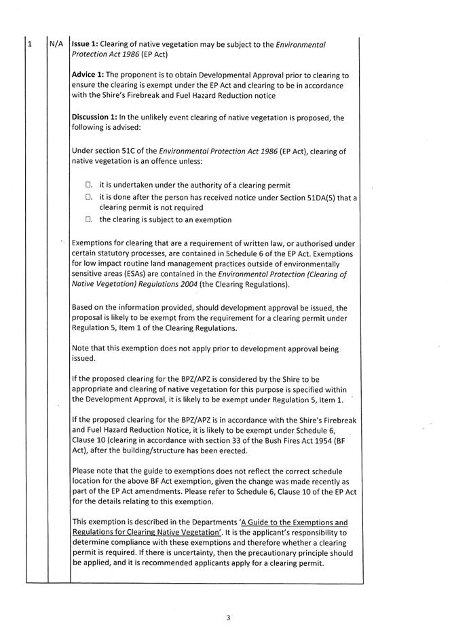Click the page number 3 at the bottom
coord(229,618)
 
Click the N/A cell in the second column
coord(57,45)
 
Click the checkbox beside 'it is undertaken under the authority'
coord(90,185)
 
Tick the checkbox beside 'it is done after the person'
coord(90,197)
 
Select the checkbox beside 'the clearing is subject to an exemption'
coord(90,219)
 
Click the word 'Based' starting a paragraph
coord(84,307)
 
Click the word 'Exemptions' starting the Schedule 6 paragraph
coord(95,243)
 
